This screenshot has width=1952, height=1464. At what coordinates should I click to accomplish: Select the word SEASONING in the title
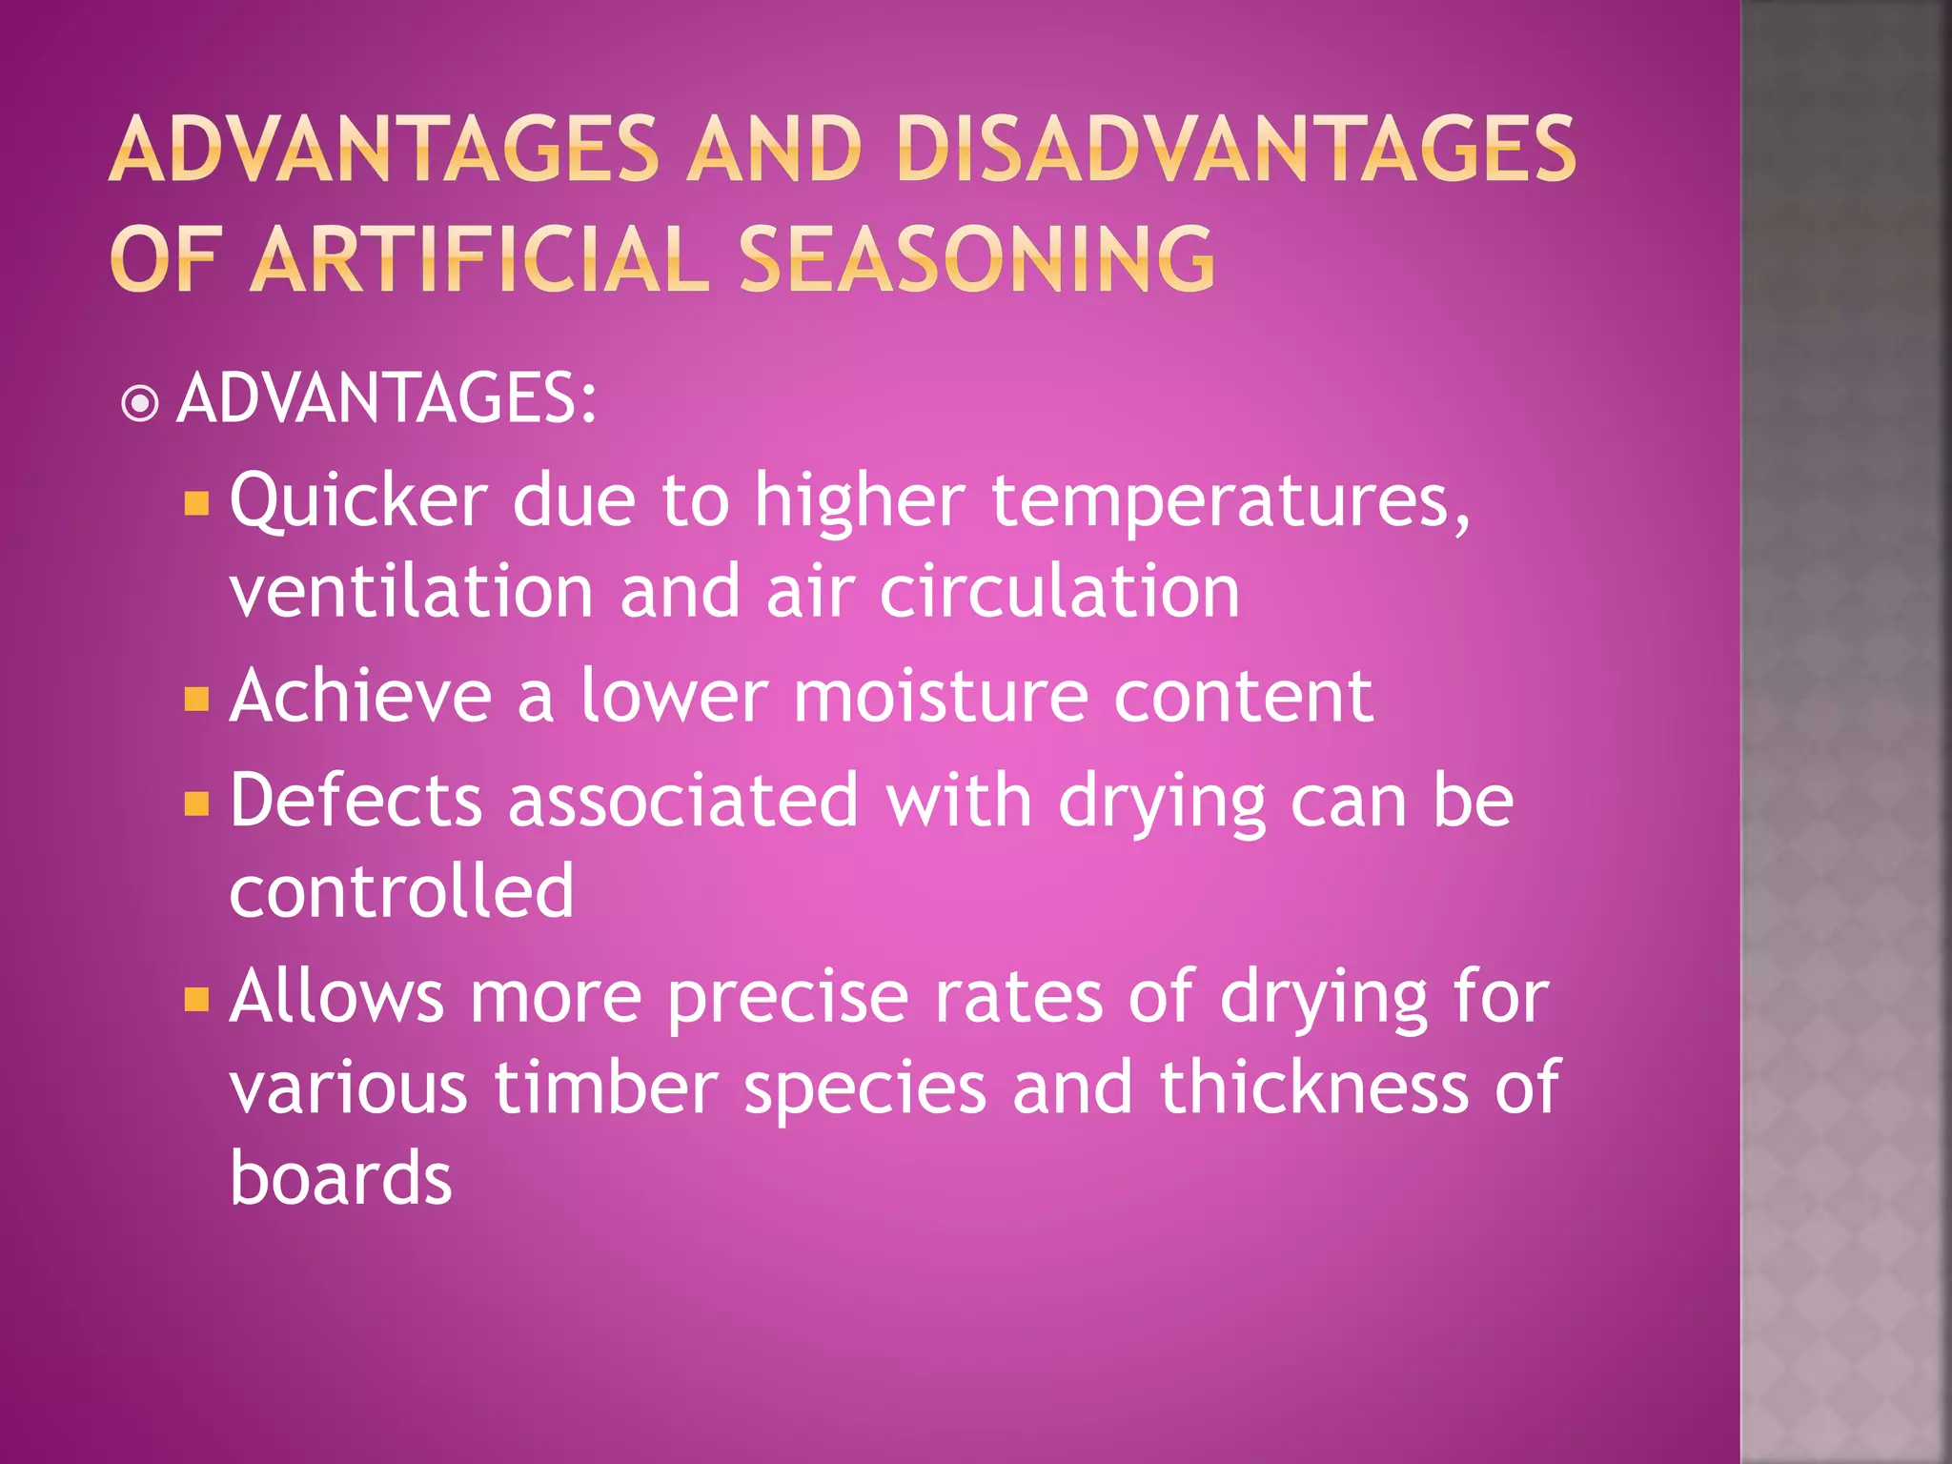(x=977, y=258)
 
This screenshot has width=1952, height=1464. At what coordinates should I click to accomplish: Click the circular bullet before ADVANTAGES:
(x=140, y=403)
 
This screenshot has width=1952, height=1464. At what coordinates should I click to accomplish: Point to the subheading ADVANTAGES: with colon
(x=387, y=398)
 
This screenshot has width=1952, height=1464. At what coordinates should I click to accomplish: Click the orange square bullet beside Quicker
(x=196, y=502)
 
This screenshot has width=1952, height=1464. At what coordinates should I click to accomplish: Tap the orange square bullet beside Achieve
(x=196, y=701)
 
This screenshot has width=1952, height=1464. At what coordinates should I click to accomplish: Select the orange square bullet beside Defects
(x=196, y=804)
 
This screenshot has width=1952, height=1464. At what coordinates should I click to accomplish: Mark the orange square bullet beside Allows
(x=196, y=1000)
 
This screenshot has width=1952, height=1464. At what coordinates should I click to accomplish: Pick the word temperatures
(x=1230, y=502)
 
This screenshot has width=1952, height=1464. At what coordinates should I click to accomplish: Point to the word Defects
(x=356, y=801)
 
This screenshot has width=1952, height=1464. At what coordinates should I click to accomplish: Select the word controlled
(x=401, y=890)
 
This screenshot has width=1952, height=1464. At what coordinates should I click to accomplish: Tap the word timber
(x=605, y=1088)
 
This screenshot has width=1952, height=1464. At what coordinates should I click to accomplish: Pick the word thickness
(x=1314, y=1088)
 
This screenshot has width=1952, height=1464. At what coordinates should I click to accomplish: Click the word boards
(x=340, y=1178)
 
